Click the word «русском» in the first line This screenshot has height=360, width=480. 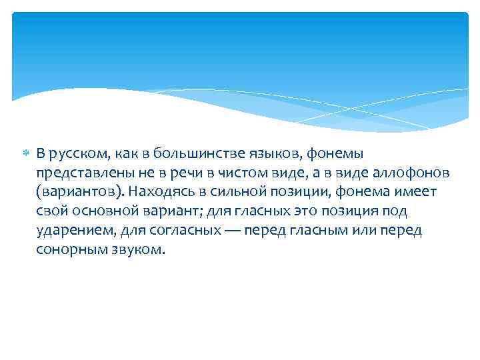point(73,154)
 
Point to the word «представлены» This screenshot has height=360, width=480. point(79,173)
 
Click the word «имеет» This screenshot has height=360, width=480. point(416,193)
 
